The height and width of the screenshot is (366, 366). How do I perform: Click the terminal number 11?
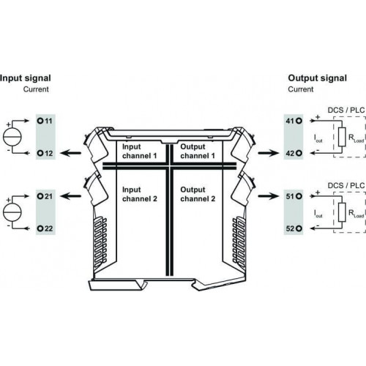pos(48,121)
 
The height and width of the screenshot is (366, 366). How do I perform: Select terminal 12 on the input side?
pos(49,153)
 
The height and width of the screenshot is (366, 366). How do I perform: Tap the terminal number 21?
pos(49,196)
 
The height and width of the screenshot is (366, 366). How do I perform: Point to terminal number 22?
pos(49,228)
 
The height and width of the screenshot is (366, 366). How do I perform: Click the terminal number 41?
pos(290,121)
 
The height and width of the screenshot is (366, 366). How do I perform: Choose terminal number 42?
pos(290,153)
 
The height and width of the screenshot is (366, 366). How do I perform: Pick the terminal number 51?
pos(290,196)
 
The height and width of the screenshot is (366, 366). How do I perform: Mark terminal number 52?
pos(290,228)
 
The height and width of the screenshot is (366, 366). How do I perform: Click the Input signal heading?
pos(26,78)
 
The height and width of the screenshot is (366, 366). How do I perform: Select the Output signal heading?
pos(317,78)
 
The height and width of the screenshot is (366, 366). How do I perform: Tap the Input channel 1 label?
pos(139,152)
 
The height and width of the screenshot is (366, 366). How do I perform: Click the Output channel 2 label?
pos(198,194)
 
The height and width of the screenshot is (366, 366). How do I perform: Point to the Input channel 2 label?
pos(140,194)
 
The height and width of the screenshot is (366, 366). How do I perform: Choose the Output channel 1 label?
pos(198,152)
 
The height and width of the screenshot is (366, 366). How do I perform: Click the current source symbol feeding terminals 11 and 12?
pos(12,137)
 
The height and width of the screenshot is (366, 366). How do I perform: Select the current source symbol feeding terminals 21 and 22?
pos(12,212)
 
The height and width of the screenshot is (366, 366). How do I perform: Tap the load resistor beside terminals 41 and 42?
pos(342,137)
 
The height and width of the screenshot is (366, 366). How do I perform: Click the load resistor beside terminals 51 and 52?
pos(342,212)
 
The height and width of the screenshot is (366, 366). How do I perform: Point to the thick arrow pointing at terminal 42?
pos(268,153)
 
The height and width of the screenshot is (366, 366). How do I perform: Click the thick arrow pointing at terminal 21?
pos(71,196)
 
